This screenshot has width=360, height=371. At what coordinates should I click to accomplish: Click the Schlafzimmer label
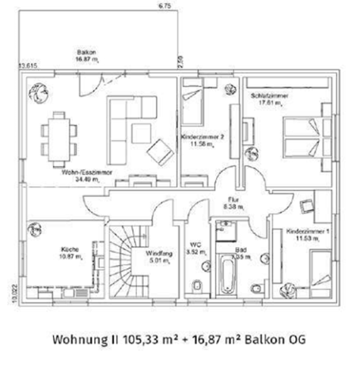tap(269, 95)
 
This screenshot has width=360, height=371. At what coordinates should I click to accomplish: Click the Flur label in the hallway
tap(233, 199)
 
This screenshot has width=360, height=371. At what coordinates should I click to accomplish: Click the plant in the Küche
tap(34, 229)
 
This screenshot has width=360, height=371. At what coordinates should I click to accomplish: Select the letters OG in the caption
tap(296, 341)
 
